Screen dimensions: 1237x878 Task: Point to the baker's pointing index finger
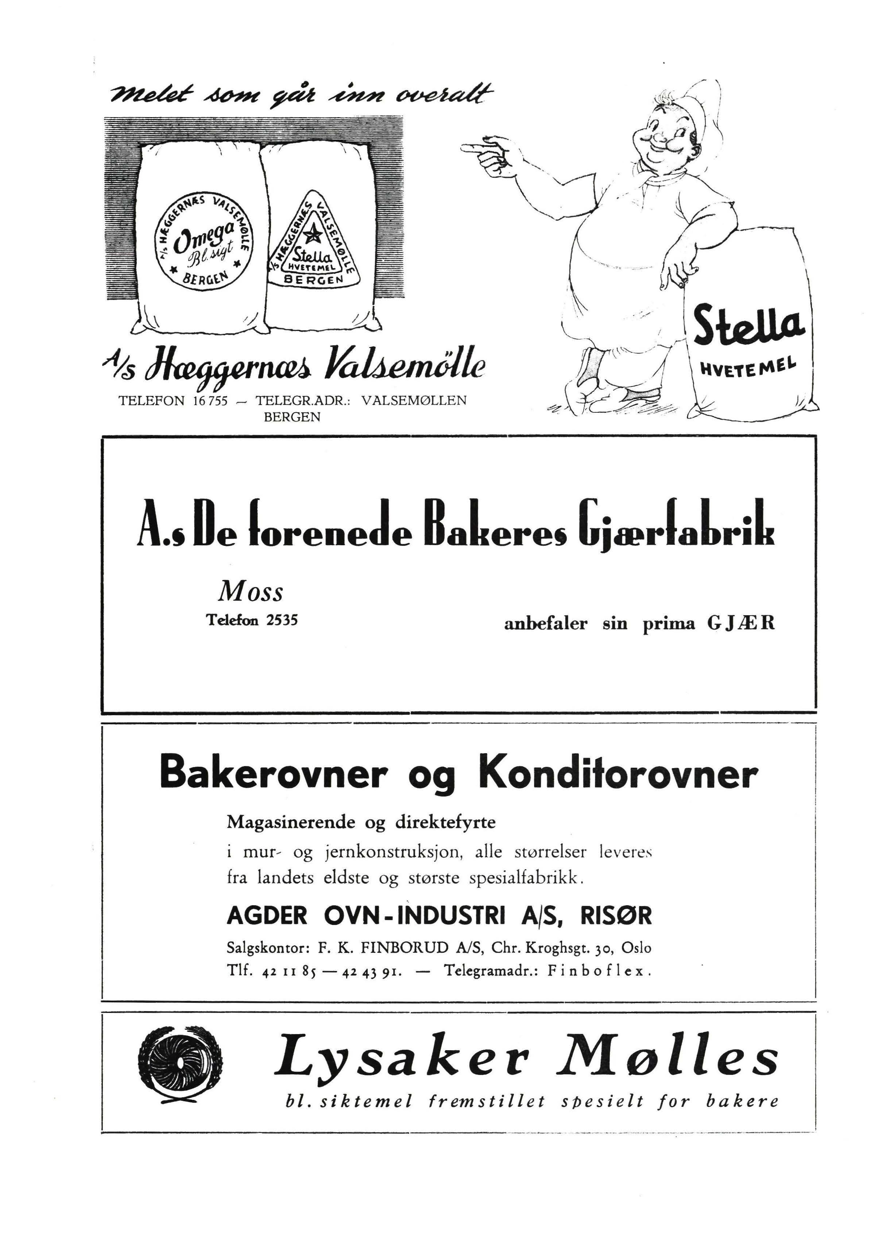pyautogui.click(x=476, y=146)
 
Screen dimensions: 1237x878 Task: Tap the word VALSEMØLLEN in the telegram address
pyautogui.click(x=414, y=401)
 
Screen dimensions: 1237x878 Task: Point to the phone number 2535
pyautogui.click(x=282, y=620)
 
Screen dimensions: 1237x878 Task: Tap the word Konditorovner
pyautogui.click(x=618, y=775)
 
